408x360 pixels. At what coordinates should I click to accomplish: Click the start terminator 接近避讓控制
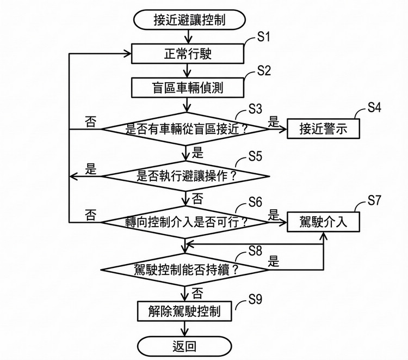(187, 20)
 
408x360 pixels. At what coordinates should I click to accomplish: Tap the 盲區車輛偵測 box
(186, 87)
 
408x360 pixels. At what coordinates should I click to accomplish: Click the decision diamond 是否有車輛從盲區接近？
(186, 129)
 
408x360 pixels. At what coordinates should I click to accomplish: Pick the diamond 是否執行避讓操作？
(186, 175)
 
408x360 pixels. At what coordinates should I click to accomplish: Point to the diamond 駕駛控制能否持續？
(186, 269)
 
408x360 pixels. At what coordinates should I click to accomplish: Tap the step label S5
(255, 156)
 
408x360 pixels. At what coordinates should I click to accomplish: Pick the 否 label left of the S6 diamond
(90, 214)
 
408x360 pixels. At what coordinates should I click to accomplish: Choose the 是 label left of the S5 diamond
(90, 169)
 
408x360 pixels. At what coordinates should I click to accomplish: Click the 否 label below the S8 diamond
(197, 293)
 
